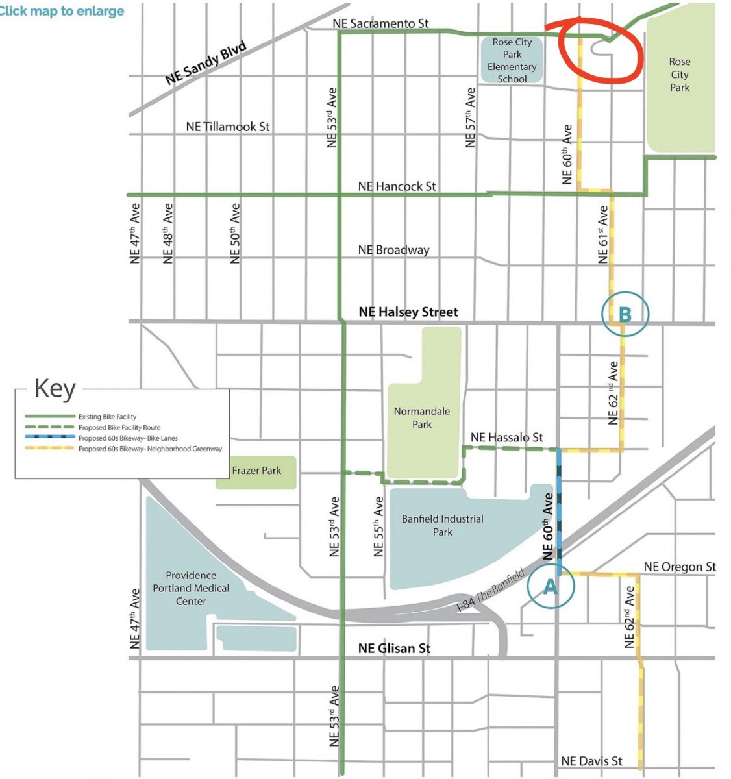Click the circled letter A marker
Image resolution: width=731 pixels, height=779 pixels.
[x=550, y=586]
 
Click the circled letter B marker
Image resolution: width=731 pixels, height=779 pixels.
[x=625, y=315]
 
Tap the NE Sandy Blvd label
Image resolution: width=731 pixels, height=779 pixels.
[x=206, y=63]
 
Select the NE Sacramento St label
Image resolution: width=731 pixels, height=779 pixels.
[x=380, y=23]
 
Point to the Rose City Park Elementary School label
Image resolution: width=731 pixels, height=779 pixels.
[x=512, y=60]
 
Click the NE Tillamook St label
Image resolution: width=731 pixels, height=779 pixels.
[x=227, y=127]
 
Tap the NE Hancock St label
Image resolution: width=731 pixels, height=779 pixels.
[x=397, y=186]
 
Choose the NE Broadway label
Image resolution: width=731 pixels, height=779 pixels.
[x=393, y=250]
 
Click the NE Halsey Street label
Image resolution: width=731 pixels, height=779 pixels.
[x=408, y=312]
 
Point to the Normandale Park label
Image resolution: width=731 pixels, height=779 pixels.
[x=422, y=417]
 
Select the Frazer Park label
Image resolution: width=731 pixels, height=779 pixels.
[x=256, y=471]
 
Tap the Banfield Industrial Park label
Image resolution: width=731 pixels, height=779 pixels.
[x=442, y=525]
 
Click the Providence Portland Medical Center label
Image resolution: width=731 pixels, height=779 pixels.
[x=191, y=588]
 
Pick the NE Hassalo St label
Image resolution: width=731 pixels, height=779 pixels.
[x=506, y=438]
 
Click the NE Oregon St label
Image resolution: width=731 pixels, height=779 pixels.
[x=679, y=567]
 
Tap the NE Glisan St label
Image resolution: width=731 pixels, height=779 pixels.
[x=394, y=648]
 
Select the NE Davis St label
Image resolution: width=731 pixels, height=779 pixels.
[x=591, y=761]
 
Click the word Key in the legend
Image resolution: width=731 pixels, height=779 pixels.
[x=55, y=389]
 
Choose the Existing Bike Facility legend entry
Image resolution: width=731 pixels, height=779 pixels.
[x=107, y=417]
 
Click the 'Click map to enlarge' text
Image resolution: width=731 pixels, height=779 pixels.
[x=62, y=11]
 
